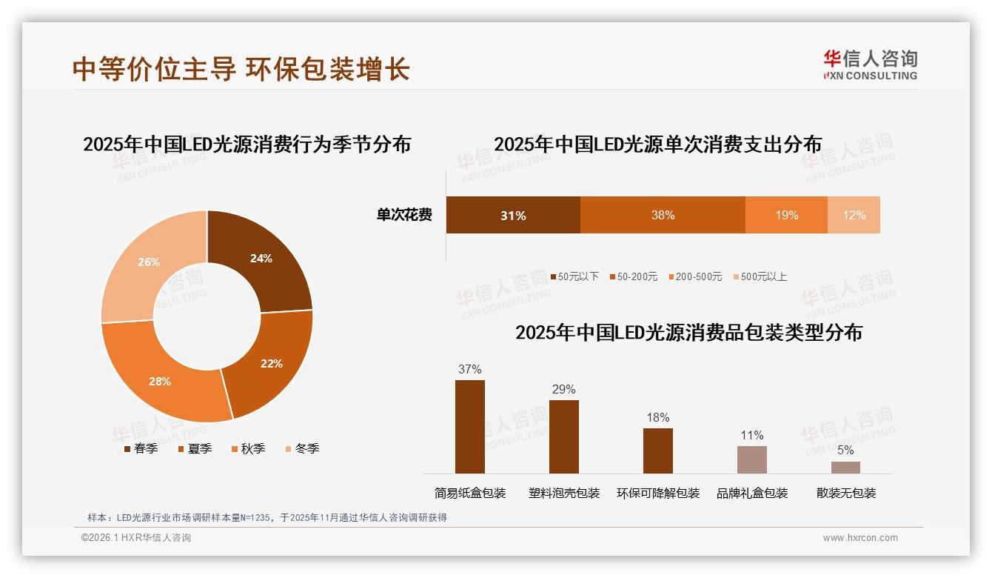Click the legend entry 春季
pos(139,448)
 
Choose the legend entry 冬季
pos(301,448)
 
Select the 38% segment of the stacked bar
pos(663,215)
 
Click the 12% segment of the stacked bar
pos(854,215)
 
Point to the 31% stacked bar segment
pos(512,215)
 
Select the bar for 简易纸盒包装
pos(470,427)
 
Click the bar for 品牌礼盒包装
pos(751,459)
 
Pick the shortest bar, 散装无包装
pos(845,467)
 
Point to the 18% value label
pos(657,417)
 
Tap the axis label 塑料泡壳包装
pos(564,493)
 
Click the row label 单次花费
pos(404,215)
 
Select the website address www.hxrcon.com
pos(860,538)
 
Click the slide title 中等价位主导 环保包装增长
pos(241,68)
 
